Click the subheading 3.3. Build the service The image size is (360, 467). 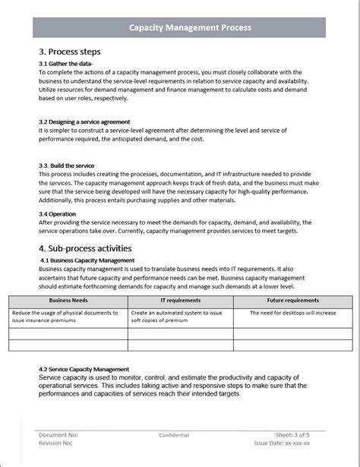(67, 165)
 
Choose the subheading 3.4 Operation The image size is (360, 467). (58, 214)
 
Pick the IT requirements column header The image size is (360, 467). (180, 302)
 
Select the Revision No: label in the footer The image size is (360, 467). (58, 443)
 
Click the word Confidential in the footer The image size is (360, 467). (174, 435)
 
